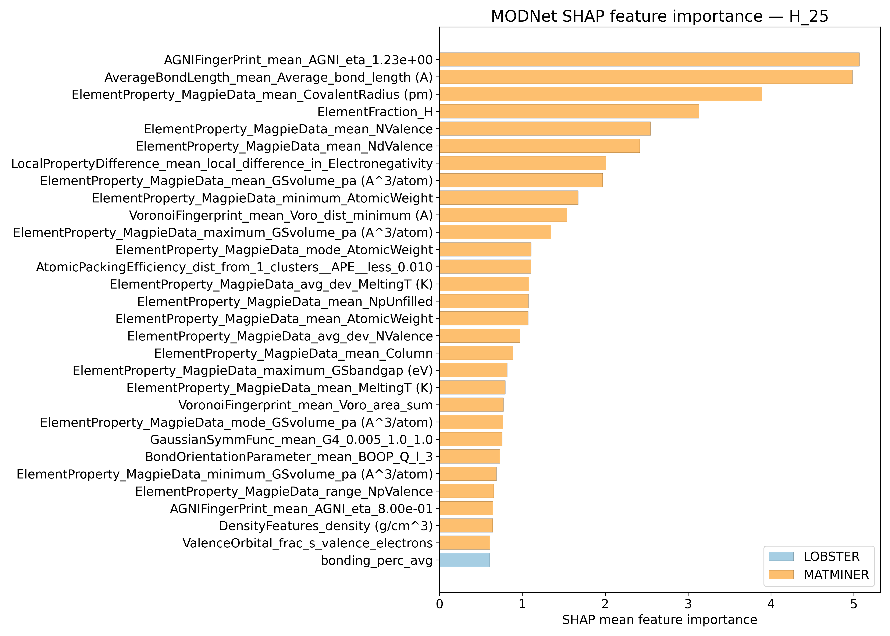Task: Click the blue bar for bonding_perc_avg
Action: [x=464, y=560]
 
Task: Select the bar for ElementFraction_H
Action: [x=569, y=112]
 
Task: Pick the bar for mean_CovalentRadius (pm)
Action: [x=600, y=94]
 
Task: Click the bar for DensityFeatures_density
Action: [x=466, y=526]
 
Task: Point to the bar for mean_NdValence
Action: [x=539, y=146]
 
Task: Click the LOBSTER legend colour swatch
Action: [x=781, y=556]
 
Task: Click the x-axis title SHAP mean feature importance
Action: [x=659, y=620]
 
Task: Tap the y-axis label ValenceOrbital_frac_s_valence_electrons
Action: [x=308, y=543]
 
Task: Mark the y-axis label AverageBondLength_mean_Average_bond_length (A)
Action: [x=268, y=77]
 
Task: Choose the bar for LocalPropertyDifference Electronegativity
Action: [x=523, y=163]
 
